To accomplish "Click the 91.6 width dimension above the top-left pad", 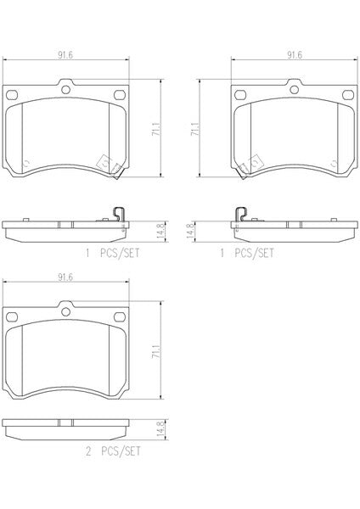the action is pos(65,55).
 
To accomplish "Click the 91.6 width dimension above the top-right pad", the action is pos(294,55).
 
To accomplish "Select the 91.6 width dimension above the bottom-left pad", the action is pos(65,277).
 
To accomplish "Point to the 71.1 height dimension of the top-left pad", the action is pos(156,129).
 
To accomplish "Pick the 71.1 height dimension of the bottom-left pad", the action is pos(156,351).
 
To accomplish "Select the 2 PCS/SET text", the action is pos(113,451).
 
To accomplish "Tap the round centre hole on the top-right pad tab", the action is pos(295,89).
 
